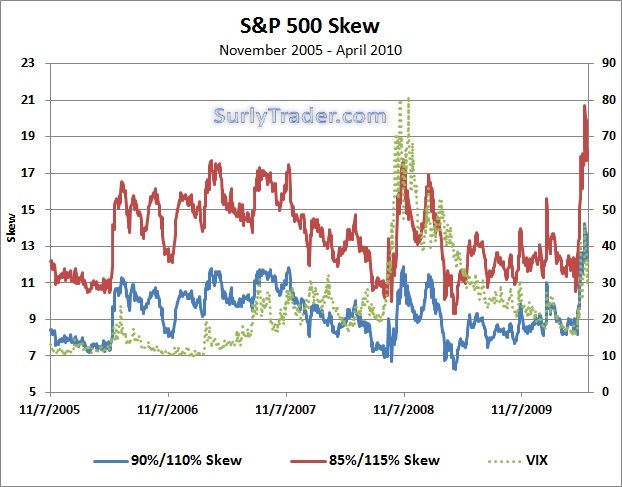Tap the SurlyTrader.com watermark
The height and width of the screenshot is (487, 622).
300,116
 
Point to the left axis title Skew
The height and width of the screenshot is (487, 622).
12,227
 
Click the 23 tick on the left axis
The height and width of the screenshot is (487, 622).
29,63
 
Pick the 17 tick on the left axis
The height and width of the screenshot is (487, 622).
29,173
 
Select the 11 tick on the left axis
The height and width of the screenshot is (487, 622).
29,282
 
